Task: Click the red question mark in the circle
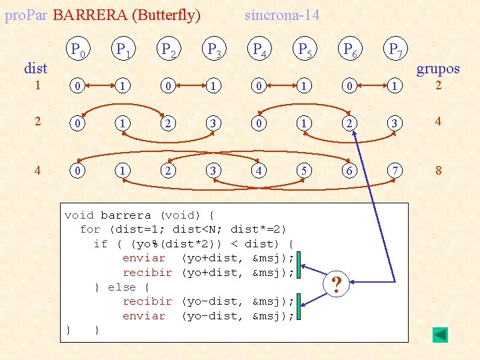point(337,285)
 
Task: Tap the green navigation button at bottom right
point(440,335)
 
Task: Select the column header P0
point(79,49)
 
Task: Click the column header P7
point(395,49)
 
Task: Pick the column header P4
point(257,49)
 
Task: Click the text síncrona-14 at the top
point(282,15)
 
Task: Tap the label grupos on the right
point(438,68)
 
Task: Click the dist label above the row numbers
point(35,68)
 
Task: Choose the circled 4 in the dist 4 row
point(257,170)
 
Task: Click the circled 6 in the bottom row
point(349,170)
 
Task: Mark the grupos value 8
point(438,170)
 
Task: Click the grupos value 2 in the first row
point(438,85)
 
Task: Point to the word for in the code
point(90,229)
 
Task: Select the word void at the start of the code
point(79,215)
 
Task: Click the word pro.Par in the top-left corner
point(25,15)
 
